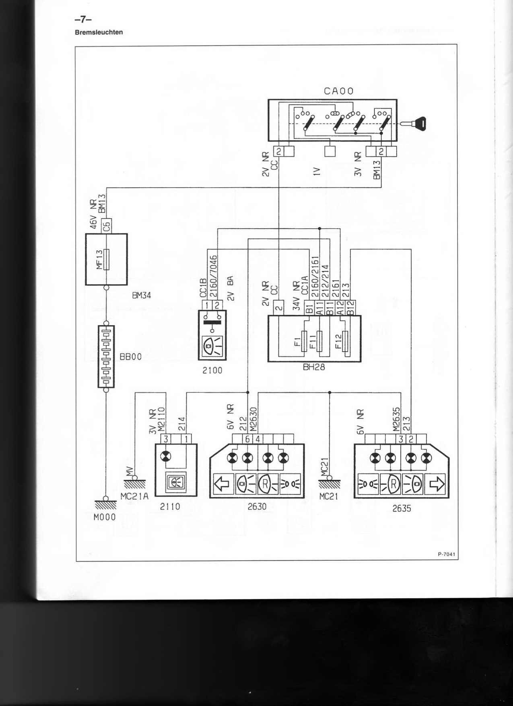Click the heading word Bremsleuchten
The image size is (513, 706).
(x=99, y=32)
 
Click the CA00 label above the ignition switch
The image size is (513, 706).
(x=338, y=91)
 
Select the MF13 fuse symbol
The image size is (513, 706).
(x=106, y=260)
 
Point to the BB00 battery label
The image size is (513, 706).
(x=130, y=357)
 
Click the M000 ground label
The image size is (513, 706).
(x=105, y=517)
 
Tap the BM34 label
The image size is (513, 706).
(x=141, y=295)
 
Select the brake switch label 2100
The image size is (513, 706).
(x=212, y=370)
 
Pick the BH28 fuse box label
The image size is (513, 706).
(x=314, y=367)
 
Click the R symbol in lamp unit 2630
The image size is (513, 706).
(x=265, y=484)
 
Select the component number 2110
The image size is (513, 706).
(x=170, y=507)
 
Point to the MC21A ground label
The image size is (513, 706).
(x=134, y=496)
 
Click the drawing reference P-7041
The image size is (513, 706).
(x=446, y=554)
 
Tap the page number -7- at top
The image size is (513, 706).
(x=83, y=19)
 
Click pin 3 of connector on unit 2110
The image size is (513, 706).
(x=165, y=439)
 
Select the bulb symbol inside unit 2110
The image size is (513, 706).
(x=165, y=456)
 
